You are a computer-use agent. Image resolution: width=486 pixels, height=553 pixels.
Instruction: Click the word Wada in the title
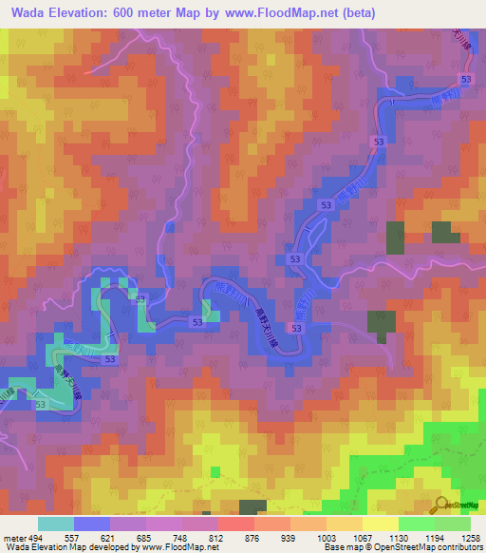[27, 13]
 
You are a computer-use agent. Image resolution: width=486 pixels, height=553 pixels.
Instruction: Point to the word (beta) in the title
[353, 13]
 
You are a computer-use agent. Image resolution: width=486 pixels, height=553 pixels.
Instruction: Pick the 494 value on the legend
[35, 537]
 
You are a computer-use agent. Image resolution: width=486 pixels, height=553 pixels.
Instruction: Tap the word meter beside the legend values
[13, 537]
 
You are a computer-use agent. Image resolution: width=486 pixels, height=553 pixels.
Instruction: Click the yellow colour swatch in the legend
[380, 524]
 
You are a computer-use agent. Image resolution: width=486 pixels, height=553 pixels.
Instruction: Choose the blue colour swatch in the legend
[92, 524]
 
